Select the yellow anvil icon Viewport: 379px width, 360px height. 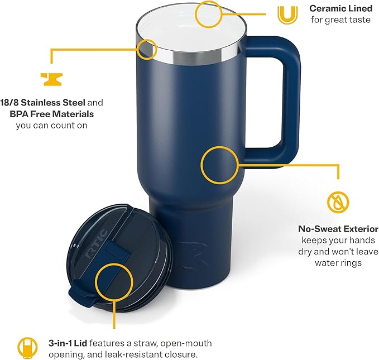pyautogui.click(x=51, y=78)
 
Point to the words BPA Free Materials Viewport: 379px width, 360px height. pyautogui.click(x=51, y=114)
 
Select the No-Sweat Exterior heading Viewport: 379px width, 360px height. pyautogui.click(x=339, y=229)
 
